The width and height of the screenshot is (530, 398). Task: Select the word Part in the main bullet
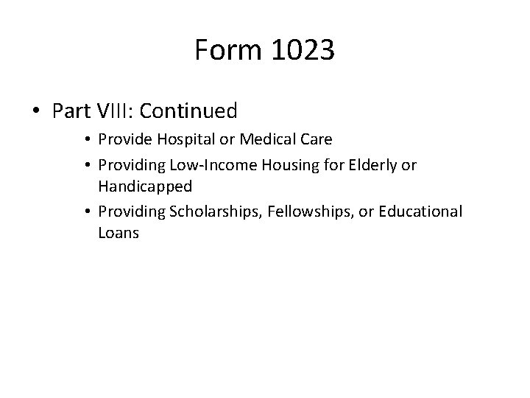point(72,111)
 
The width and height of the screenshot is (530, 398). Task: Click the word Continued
point(188,111)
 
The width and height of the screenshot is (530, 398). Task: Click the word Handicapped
point(144,186)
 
